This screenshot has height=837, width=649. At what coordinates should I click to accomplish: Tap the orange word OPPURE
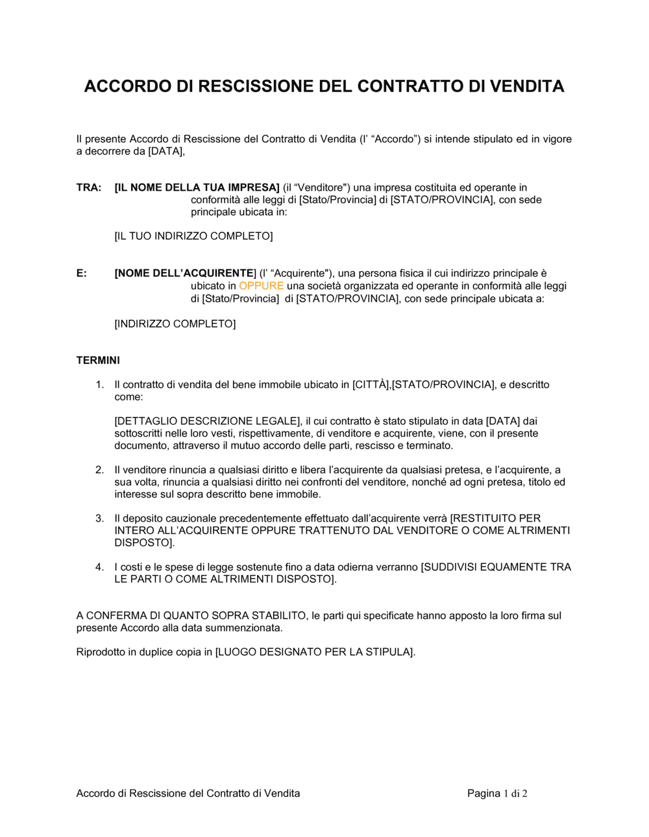point(261,286)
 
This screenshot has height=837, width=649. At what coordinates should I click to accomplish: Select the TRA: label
point(89,188)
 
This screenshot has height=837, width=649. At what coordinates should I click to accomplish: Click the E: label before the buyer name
point(82,274)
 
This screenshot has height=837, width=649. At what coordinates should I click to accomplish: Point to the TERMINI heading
point(98,361)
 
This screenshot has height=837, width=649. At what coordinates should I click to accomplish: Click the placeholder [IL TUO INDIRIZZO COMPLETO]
point(193,236)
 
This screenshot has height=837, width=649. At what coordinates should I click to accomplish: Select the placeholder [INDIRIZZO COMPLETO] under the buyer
point(175,324)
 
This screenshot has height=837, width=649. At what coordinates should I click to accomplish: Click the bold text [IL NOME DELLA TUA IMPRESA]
point(197,188)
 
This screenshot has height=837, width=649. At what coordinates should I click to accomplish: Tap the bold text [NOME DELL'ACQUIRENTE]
point(185,274)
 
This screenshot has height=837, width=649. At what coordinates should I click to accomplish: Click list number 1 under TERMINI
point(100,385)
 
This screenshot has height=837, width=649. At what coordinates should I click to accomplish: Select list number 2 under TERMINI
point(100,470)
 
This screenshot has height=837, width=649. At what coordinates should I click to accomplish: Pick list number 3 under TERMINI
point(100,518)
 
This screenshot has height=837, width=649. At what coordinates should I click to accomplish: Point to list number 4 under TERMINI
point(100,567)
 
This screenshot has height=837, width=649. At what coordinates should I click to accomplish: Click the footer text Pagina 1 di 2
point(497,794)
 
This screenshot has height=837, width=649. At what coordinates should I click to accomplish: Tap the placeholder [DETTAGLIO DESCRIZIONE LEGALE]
point(208,421)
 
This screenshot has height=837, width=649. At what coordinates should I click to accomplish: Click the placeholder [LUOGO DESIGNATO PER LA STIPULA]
point(314,652)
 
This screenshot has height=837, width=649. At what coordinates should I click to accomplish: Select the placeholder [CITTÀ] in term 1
point(371,385)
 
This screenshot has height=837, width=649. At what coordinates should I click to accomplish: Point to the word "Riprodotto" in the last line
point(101,652)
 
